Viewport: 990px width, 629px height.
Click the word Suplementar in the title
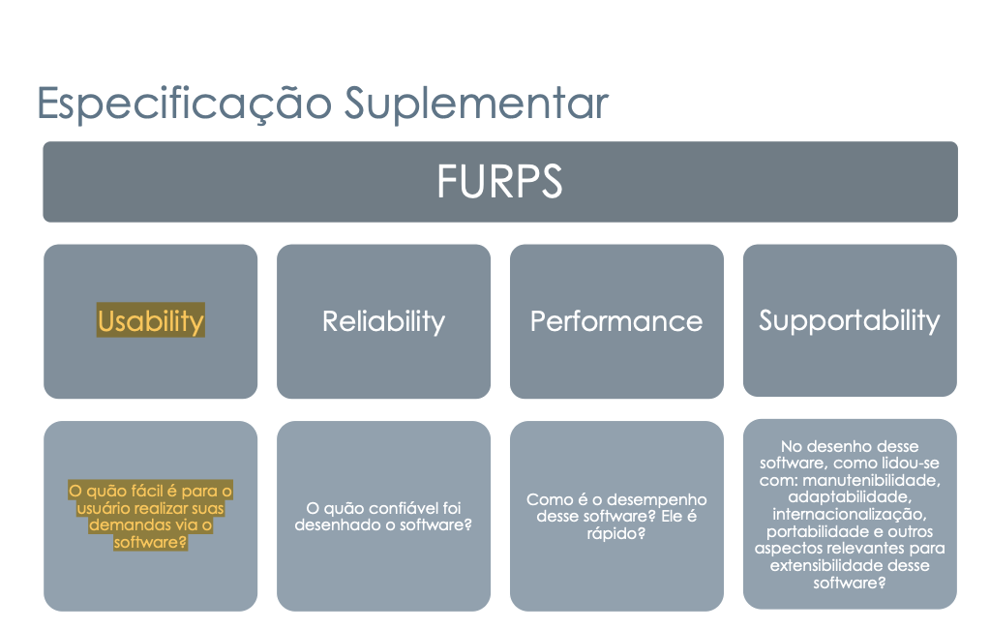pyautogui.click(x=476, y=103)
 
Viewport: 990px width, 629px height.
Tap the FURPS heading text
pyautogui.click(x=499, y=181)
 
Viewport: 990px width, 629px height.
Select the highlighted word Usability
pyautogui.click(x=151, y=321)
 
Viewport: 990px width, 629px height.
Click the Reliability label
pyautogui.click(x=383, y=321)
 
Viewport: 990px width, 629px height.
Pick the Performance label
pyautogui.click(x=616, y=321)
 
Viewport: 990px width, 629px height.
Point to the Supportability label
pyautogui.click(x=850, y=321)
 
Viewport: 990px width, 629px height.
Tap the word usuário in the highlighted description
pyautogui.click(x=104, y=508)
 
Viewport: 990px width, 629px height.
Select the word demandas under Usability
pyautogui.click(x=122, y=524)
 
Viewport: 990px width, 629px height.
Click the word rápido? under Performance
pyautogui.click(x=616, y=533)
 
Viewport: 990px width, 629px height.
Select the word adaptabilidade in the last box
pyautogui.click(x=850, y=497)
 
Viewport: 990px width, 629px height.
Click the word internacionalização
pyautogui.click(x=850, y=515)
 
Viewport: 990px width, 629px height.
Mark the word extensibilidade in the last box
pyautogui.click(x=825, y=565)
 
